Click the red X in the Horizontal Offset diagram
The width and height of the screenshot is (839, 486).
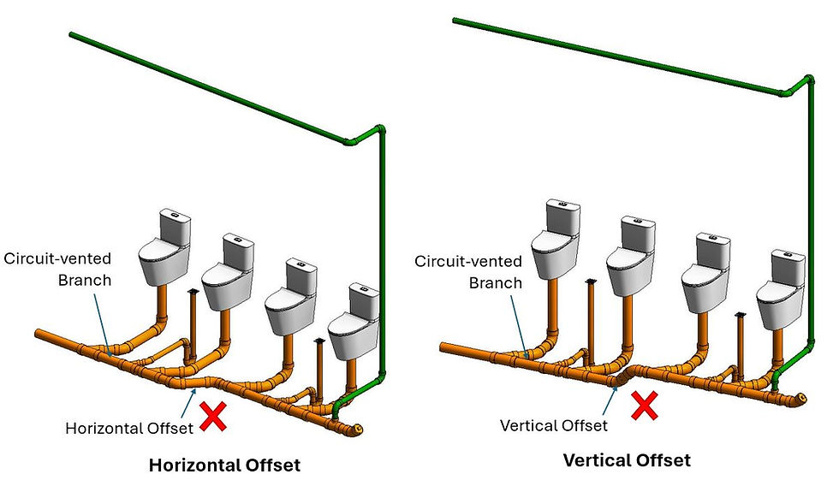212,416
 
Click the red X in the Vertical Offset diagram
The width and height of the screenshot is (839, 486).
643,406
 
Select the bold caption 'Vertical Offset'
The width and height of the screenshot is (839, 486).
626,460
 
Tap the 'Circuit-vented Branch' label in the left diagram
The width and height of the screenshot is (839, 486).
57,268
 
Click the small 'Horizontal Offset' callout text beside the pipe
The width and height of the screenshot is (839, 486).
128,428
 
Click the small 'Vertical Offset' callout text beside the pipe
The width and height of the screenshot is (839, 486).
554,424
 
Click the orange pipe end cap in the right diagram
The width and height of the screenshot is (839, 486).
800,399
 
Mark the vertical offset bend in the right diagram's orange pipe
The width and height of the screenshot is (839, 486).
622,374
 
